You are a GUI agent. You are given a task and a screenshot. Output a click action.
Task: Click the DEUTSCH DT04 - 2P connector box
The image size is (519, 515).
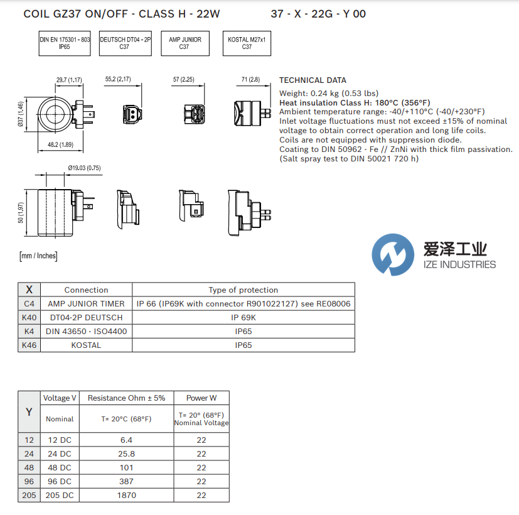tap(125, 43)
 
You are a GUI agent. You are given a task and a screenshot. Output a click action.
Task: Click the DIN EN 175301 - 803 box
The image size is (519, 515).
tap(65, 43)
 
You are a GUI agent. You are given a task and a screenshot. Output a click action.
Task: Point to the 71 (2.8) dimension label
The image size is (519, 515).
tap(250, 80)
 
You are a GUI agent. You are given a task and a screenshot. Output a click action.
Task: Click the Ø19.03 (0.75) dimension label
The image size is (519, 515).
tap(84, 168)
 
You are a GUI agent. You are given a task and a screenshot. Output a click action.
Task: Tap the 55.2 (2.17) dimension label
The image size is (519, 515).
tap(118, 80)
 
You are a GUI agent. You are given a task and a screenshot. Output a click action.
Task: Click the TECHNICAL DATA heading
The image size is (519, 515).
tap(313, 80)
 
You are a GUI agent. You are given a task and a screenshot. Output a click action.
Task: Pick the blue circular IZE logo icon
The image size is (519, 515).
tap(393, 254)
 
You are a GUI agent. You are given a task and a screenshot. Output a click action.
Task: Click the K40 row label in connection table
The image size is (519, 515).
tap(29, 318)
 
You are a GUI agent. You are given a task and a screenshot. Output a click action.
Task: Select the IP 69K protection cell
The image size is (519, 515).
tap(243, 318)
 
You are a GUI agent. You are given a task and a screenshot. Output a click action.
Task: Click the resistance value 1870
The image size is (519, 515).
tap(126, 495)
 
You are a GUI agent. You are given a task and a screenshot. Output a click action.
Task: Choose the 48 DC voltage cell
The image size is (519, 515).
tap(60, 467)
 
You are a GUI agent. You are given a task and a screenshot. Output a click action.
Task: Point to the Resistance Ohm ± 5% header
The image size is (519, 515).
tap(126, 398)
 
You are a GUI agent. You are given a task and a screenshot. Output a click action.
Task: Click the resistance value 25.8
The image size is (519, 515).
tap(126, 453)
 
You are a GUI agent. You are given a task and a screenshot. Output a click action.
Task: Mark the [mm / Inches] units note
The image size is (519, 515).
tap(38, 256)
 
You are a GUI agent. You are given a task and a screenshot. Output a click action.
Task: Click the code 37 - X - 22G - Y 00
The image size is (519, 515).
tap(318, 13)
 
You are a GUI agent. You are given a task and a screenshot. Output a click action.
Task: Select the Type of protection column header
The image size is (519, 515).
tap(243, 290)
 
